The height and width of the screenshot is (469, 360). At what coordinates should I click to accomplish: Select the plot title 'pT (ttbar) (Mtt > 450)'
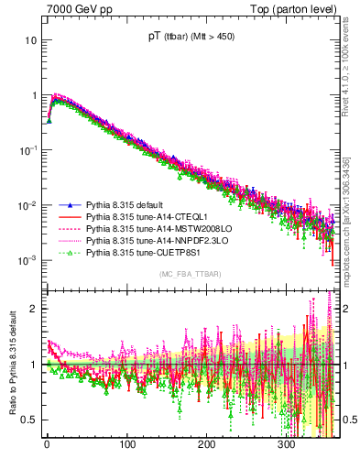point(191,38)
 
